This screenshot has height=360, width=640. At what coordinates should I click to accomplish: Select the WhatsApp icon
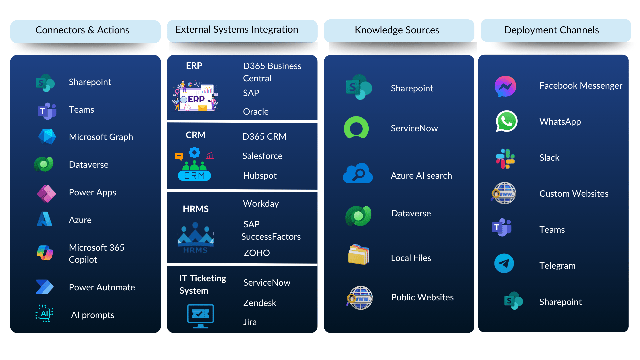click(506, 121)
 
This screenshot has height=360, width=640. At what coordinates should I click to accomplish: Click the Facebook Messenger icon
click(505, 86)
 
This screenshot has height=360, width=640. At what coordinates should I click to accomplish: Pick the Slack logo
click(505, 159)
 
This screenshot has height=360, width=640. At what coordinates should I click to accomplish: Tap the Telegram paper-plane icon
click(504, 263)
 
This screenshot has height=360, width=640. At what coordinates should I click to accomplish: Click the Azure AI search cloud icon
click(358, 173)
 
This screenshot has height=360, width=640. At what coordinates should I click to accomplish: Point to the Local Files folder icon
click(359, 254)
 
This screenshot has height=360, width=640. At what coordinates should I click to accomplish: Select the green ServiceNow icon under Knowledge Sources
click(356, 127)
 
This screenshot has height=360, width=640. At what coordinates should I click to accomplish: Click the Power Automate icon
click(44, 287)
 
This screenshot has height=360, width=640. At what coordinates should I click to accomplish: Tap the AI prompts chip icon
click(44, 313)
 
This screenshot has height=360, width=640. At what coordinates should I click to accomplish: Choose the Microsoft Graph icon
click(47, 137)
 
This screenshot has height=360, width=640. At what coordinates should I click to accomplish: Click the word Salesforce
click(262, 156)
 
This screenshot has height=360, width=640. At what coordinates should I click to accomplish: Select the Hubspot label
click(260, 176)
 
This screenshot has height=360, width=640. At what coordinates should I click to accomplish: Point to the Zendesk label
click(260, 303)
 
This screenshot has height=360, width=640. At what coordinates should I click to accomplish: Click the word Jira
click(250, 322)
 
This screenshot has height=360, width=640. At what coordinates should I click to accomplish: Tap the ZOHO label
click(257, 253)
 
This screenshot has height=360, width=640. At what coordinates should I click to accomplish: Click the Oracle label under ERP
click(256, 112)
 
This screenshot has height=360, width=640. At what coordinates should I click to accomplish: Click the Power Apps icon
click(46, 194)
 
